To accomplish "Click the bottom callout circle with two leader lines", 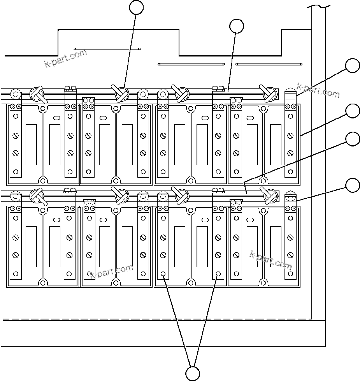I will click(x=192, y=374).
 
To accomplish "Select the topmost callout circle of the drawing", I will click(x=136, y=7).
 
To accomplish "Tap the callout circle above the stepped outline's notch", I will click(x=237, y=26).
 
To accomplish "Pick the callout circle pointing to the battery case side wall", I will click(x=353, y=111).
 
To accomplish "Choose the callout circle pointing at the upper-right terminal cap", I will click(x=353, y=65).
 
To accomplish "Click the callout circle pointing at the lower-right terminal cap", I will click(x=353, y=185).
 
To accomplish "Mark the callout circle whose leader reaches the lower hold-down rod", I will click(x=353, y=139).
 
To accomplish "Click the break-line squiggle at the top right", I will click(x=318, y=7).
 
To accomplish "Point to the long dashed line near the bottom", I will click(x=156, y=319).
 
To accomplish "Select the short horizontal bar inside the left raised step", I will click(x=107, y=49).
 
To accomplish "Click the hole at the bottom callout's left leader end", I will click(x=163, y=274).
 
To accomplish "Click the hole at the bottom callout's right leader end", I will click(x=218, y=274).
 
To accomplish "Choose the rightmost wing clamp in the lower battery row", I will click(x=269, y=195).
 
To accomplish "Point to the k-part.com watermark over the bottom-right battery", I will click(x=271, y=260).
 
